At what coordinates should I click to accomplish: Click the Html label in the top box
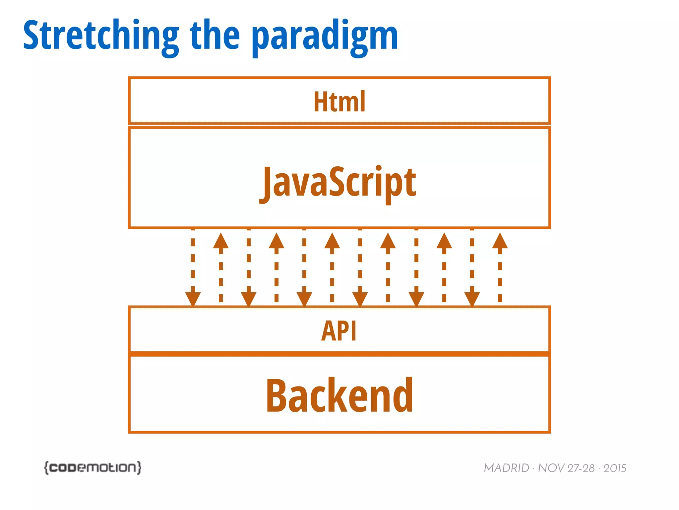click(339, 102)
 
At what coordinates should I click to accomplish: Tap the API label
click(339, 331)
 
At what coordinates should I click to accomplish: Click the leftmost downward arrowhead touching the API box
click(193, 298)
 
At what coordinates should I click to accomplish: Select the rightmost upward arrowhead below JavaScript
click(500, 241)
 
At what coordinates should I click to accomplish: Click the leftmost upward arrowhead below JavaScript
click(221, 241)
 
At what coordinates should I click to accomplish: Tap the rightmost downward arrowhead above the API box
click(472, 298)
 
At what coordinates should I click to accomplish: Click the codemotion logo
click(93, 467)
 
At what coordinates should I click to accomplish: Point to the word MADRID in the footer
click(506, 468)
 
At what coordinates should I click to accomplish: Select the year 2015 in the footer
click(615, 468)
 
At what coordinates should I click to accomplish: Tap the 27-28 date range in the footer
click(581, 468)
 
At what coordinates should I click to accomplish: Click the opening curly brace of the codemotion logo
click(47, 467)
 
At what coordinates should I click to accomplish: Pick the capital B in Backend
click(278, 396)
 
